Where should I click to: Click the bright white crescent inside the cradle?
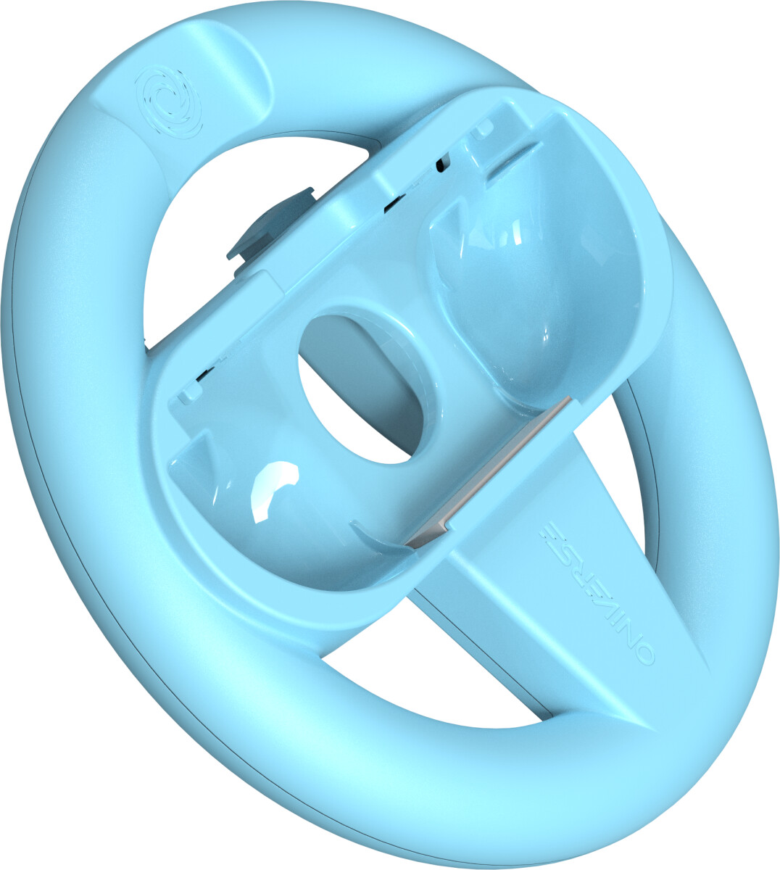click(272, 489)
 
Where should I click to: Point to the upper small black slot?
click(439, 165)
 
